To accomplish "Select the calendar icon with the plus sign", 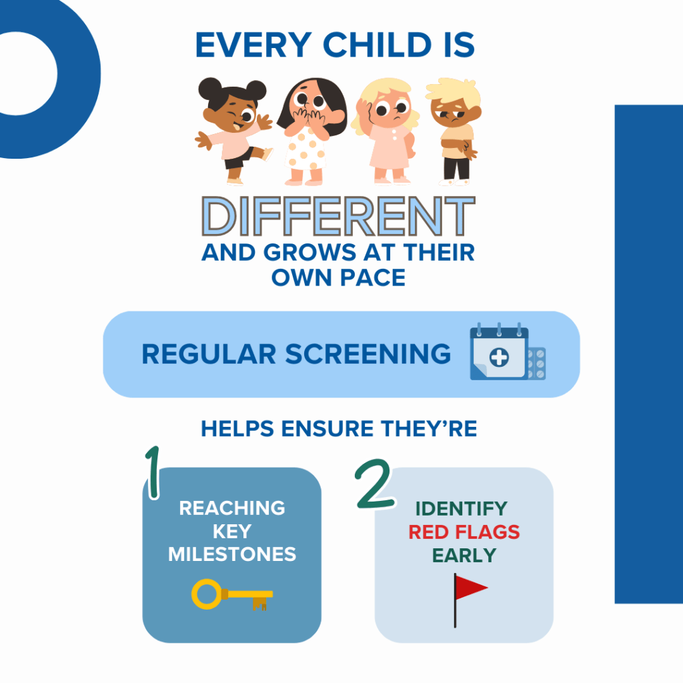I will pyautogui.click(x=498, y=354).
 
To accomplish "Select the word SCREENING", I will pyautogui.click(x=368, y=354).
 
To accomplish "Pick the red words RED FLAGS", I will pyautogui.click(x=464, y=532).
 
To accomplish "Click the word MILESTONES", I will pyautogui.click(x=232, y=554).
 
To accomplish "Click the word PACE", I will pyautogui.click(x=370, y=277).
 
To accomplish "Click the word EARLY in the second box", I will pyautogui.click(x=464, y=555).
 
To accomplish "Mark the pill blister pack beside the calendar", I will pyautogui.click(x=536, y=364).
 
